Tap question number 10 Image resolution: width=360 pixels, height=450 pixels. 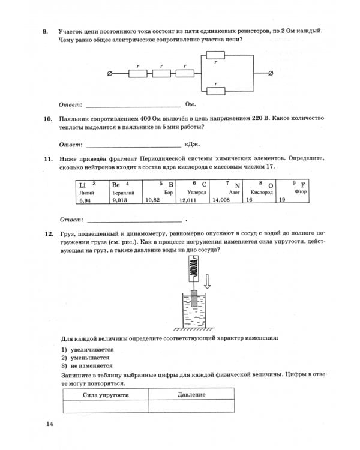point(47,120)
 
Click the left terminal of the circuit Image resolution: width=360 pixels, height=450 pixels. point(109,73)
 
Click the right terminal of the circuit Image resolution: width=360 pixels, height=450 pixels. point(271,73)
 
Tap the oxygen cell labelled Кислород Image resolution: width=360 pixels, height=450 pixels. point(261,193)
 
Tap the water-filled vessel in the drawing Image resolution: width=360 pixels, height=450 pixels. point(194,312)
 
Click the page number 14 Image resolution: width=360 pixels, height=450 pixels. point(49,425)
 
